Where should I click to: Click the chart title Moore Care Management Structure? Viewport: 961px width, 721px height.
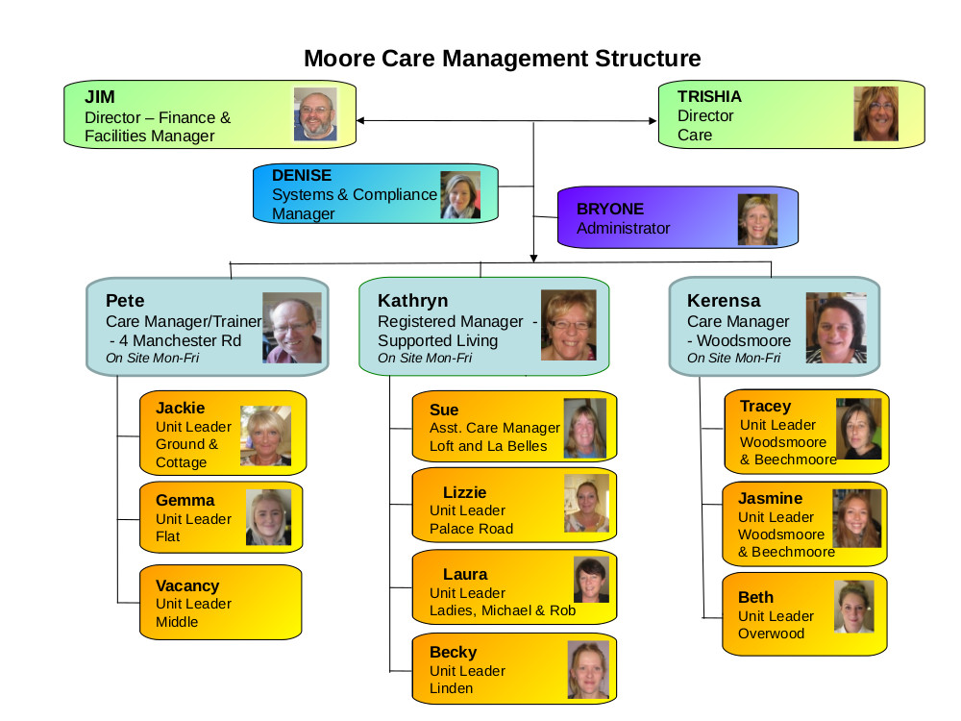[x=502, y=59]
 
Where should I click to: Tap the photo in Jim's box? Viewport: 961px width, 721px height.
[x=315, y=114]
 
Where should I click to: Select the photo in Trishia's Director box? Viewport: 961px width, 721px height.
[x=875, y=114]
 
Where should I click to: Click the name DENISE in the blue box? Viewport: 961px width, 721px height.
[x=302, y=175]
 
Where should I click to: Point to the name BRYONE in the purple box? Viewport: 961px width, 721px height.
[x=610, y=209]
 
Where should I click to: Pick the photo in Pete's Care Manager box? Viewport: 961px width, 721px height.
[x=292, y=328]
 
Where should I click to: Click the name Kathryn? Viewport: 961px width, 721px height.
[x=412, y=300]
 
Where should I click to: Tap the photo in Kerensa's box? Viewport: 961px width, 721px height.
[x=836, y=328]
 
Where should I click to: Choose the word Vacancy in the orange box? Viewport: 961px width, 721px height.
[x=187, y=586]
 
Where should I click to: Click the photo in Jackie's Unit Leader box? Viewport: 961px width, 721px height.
[x=265, y=435]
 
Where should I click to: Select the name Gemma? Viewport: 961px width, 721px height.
[x=185, y=500]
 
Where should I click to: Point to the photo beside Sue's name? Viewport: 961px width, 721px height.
[x=584, y=428]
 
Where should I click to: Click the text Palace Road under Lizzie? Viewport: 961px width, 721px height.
[x=471, y=529]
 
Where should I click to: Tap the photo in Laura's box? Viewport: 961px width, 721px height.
[x=591, y=580]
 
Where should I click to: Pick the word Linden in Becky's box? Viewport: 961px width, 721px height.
[x=451, y=688]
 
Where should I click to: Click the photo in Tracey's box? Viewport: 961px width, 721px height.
[x=858, y=429]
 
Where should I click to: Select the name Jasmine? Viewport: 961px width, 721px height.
[x=770, y=498]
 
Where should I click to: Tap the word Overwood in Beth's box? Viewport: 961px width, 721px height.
[x=771, y=634]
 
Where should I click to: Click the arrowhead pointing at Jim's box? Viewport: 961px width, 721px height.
[x=360, y=121]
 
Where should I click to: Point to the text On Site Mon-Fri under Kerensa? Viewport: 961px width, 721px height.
[x=733, y=358]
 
